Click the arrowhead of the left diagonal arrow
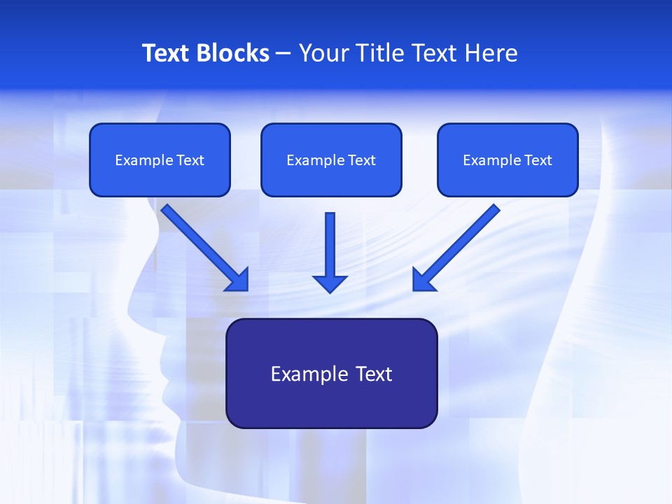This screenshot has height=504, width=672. coord(238,280)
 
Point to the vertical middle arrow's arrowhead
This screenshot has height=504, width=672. coord(330,283)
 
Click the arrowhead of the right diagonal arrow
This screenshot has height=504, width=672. coord(423,280)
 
